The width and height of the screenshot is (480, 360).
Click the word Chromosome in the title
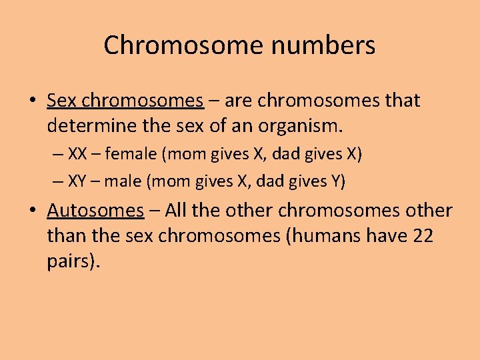coord(171,45)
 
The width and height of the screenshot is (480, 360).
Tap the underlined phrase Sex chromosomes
coord(125,101)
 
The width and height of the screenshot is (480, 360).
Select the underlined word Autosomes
coord(95,211)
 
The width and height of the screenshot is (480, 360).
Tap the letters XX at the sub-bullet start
coord(77,155)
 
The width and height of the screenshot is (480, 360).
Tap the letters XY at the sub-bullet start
coord(77,181)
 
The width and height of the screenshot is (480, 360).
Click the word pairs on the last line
coord(71,260)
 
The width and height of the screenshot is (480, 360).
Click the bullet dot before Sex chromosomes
coord(33,101)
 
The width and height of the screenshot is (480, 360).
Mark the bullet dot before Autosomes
coord(33,211)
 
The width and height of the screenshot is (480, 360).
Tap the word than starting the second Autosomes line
coord(66,235)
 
